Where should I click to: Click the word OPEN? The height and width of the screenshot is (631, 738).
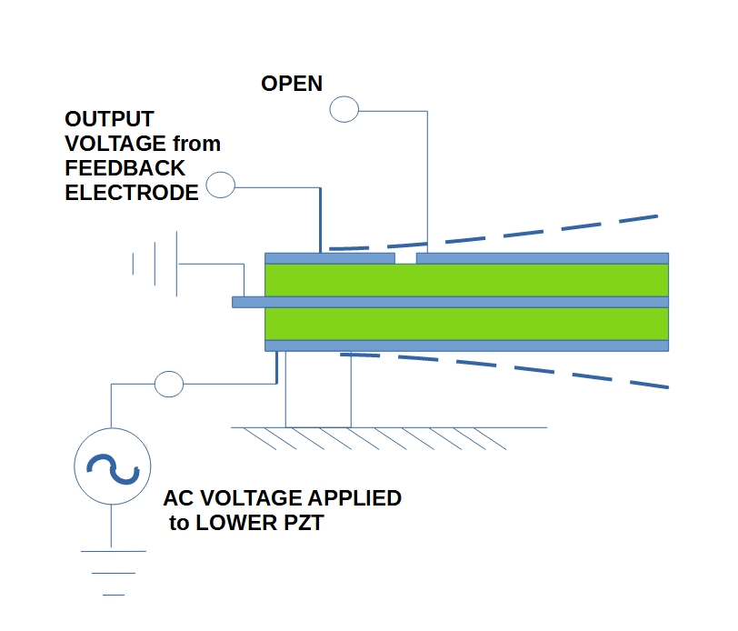(x=292, y=84)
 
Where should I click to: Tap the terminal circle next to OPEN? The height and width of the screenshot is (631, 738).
(x=344, y=110)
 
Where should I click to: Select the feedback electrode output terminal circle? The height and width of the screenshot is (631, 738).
(x=221, y=186)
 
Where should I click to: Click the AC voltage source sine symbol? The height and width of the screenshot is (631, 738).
(x=112, y=467)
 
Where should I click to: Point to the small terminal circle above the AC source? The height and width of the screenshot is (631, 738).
(x=169, y=384)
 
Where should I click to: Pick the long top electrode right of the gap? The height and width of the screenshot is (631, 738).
(x=542, y=258)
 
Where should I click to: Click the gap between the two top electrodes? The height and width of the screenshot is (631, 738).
(x=406, y=259)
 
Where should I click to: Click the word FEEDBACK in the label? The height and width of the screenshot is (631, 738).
(x=125, y=168)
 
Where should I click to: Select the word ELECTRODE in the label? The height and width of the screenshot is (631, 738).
(x=131, y=193)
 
